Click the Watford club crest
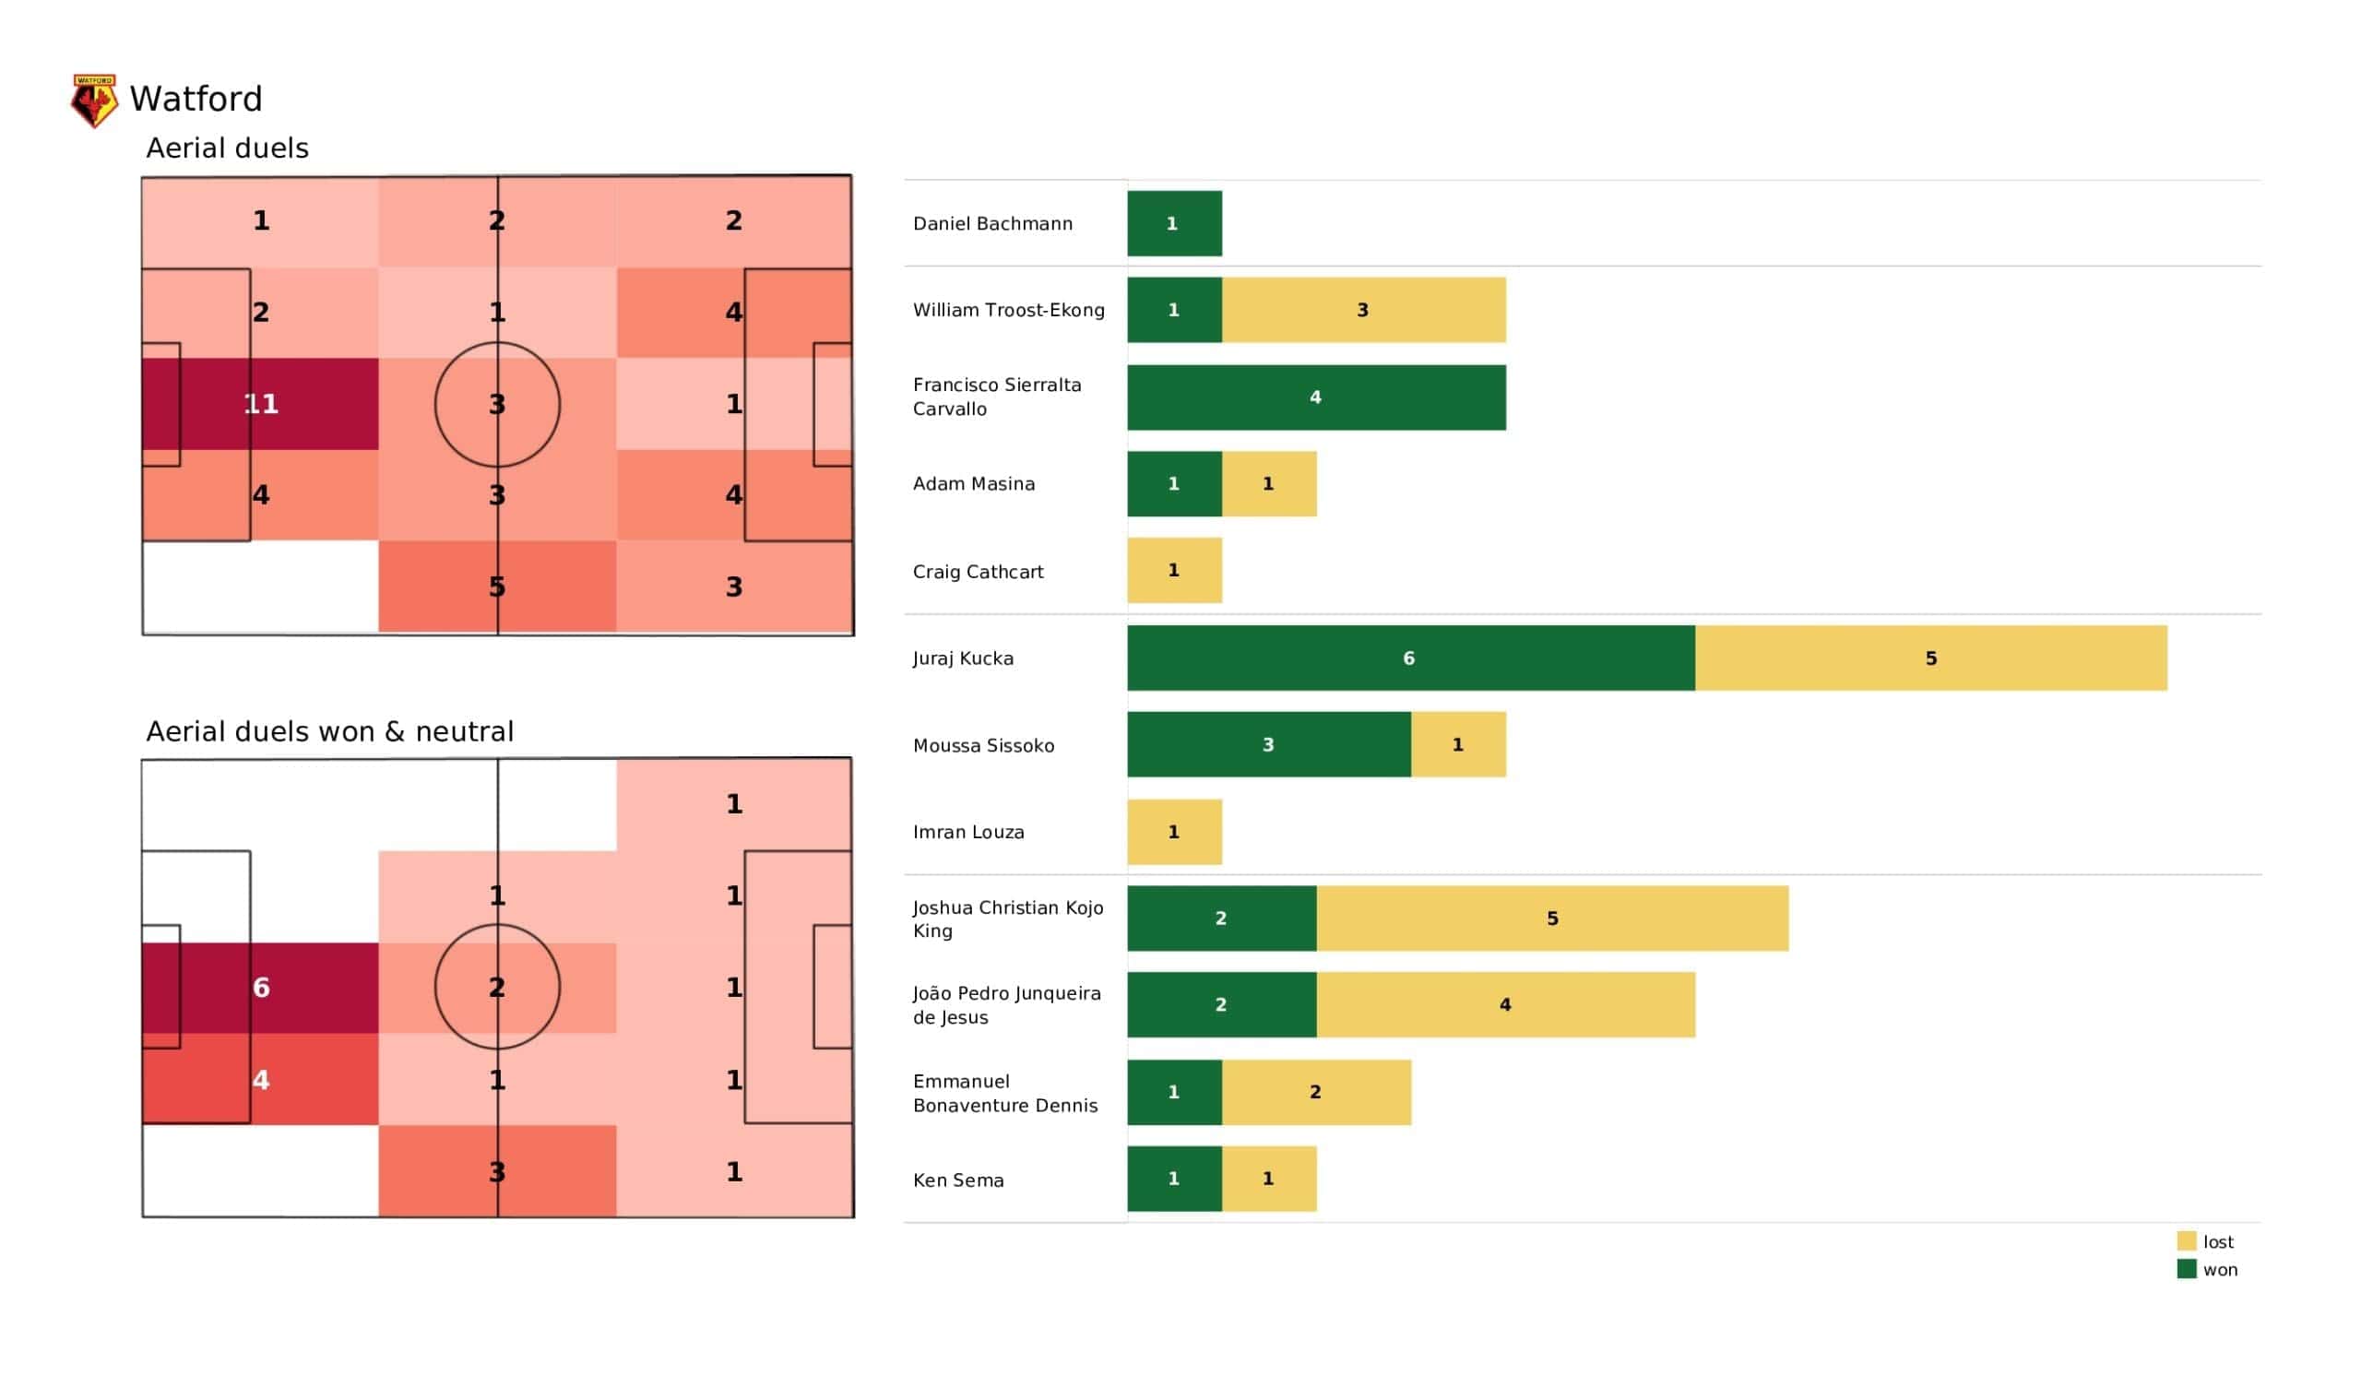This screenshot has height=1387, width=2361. (x=95, y=101)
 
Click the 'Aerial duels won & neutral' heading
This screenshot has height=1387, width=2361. (x=330, y=732)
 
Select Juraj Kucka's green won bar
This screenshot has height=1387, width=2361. (x=1410, y=658)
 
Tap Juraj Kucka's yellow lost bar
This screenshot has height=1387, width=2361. (x=1930, y=658)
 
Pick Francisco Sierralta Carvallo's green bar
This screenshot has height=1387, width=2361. (x=1316, y=397)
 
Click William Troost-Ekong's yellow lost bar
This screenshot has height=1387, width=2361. (x=1363, y=310)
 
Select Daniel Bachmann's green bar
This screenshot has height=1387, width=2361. (x=1174, y=223)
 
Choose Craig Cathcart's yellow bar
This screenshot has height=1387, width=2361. (x=1174, y=571)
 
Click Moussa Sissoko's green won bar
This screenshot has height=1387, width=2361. (x=1268, y=745)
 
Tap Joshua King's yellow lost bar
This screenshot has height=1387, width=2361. (x=1551, y=919)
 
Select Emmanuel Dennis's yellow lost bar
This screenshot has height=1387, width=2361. (x=1315, y=1092)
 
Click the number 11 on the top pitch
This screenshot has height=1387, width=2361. (x=261, y=404)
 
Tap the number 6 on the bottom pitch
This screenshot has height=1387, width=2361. (x=261, y=988)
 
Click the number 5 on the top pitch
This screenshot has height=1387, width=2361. (x=497, y=587)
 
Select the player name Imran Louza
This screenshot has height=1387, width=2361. (x=968, y=832)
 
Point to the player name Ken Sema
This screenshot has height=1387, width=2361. (x=958, y=1180)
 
